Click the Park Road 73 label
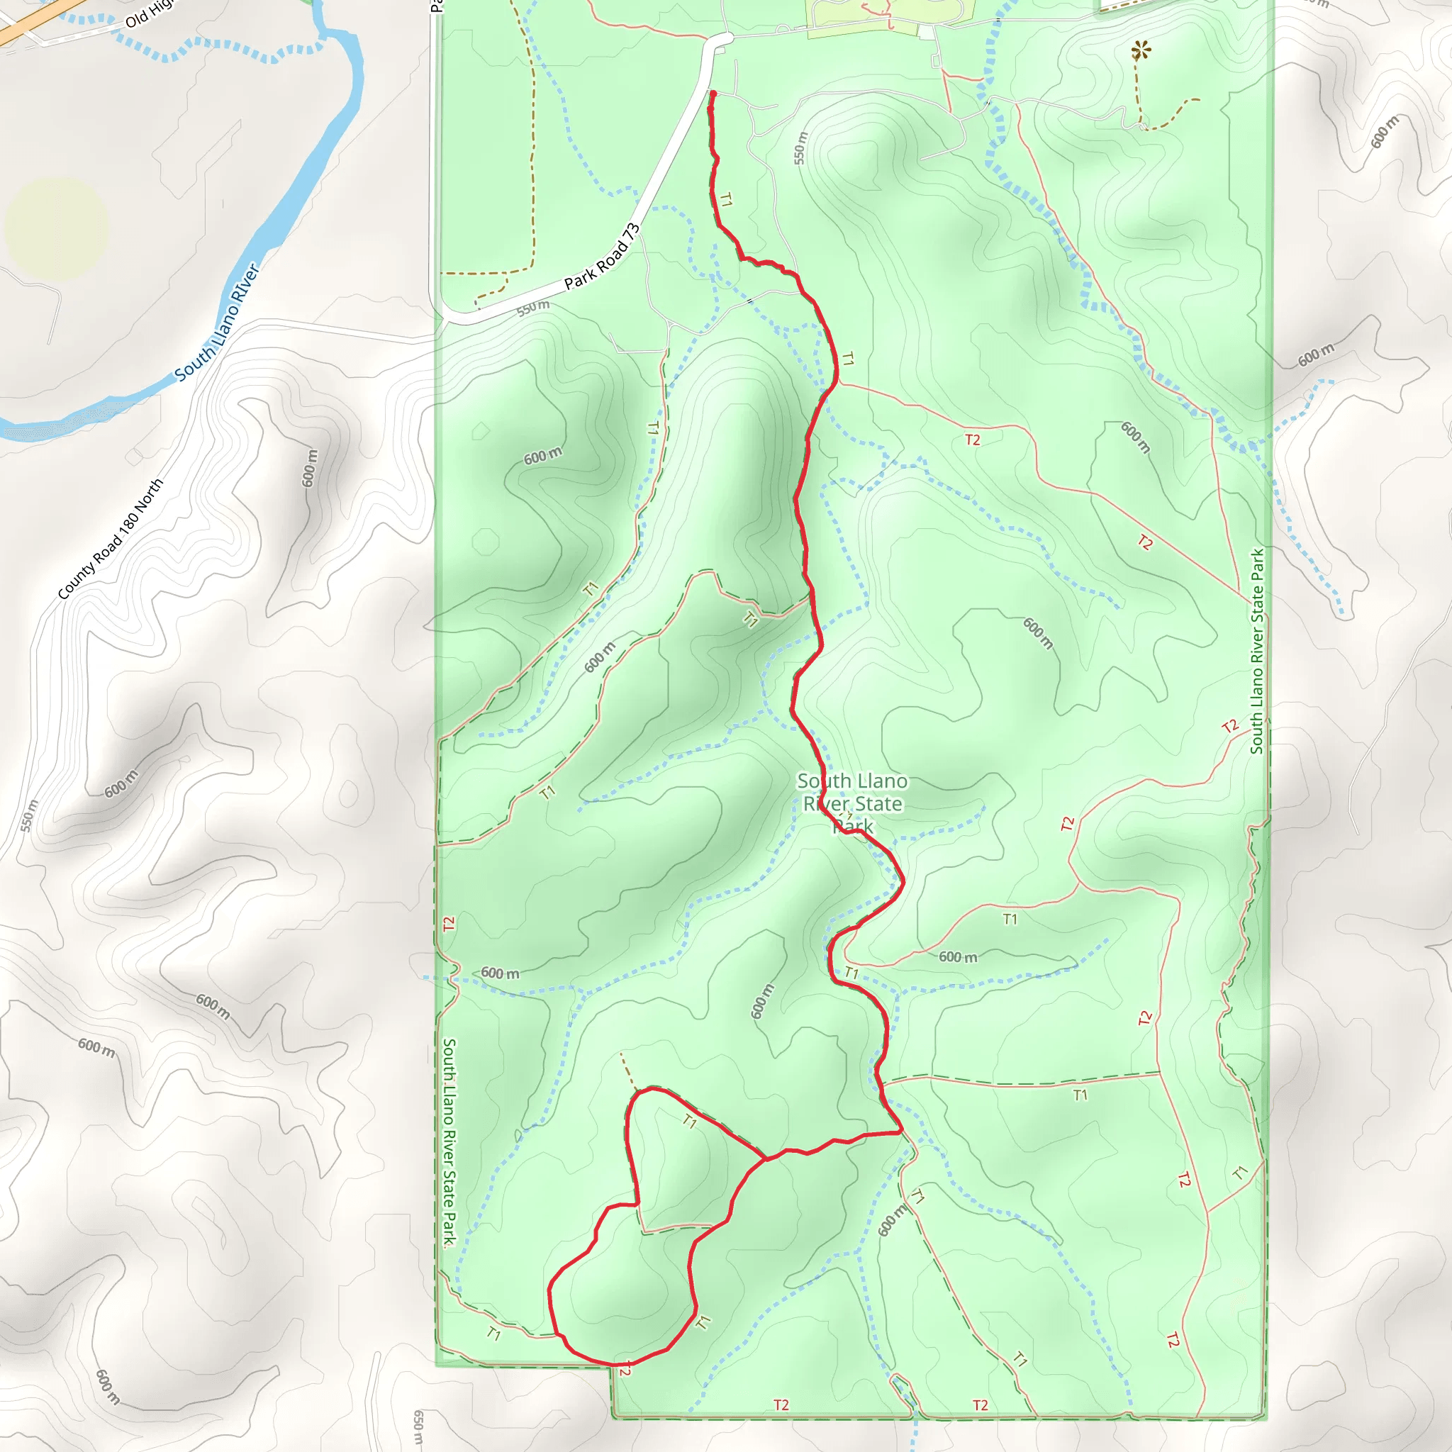(x=602, y=256)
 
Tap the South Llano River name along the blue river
(x=217, y=323)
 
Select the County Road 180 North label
(x=111, y=539)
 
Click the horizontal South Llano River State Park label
(x=852, y=803)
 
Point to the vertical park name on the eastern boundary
(x=1257, y=651)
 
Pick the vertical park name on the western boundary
(x=449, y=1142)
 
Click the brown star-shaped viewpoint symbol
(x=1141, y=51)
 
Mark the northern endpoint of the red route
(x=713, y=93)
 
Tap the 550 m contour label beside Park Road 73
(x=533, y=308)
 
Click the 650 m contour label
(x=418, y=1427)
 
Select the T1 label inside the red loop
(x=690, y=1122)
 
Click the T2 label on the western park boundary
(x=449, y=925)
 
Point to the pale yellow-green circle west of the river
(x=57, y=228)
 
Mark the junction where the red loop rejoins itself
(x=765, y=1160)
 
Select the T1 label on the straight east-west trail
(x=1080, y=1095)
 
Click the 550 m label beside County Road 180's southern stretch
(x=28, y=815)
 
